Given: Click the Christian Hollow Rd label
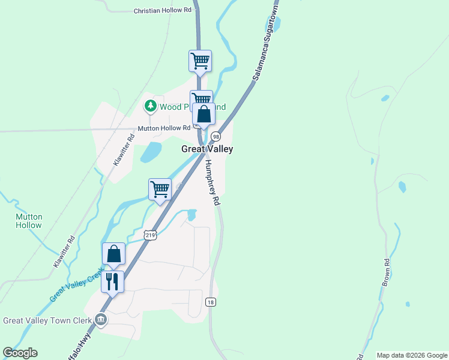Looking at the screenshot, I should (162, 10).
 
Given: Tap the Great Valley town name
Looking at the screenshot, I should (207, 149).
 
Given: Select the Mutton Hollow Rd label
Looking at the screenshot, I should (163, 128).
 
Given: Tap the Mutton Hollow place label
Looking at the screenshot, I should (29, 221).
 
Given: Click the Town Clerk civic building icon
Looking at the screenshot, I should (101, 319).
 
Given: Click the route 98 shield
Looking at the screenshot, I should (215, 137).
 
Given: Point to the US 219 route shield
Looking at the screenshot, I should (150, 235).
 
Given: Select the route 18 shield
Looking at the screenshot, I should (209, 302).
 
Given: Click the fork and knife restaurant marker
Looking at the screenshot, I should (113, 281).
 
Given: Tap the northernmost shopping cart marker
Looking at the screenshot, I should (200, 61).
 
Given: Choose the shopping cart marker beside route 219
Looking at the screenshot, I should (160, 189).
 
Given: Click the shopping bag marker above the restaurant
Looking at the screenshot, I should (113, 254).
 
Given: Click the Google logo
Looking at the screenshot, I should (20, 353).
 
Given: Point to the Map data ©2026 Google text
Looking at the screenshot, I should (412, 355).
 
